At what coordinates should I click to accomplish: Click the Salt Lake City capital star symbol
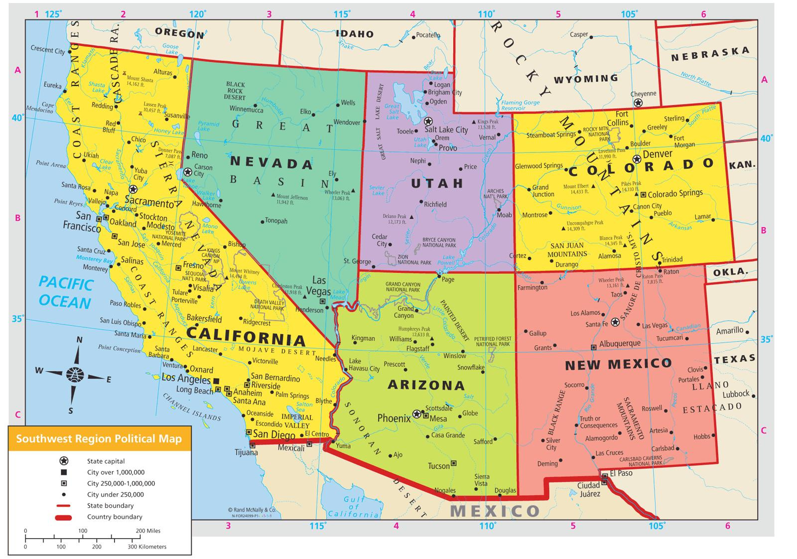(x=428, y=121)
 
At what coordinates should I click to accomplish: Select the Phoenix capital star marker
(x=416, y=414)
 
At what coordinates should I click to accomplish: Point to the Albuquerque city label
(x=620, y=344)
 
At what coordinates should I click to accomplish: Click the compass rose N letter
(x=79, y=340)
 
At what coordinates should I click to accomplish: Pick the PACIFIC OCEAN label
(x=66, y=293)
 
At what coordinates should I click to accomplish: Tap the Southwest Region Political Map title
(x=99, y=439)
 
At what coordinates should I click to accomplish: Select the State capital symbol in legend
(x=64, y=461)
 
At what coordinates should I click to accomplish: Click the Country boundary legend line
(x=64, y=517)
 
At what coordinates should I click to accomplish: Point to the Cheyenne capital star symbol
(x=637, y=103)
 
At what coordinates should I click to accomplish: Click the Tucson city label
(x=438, y=466)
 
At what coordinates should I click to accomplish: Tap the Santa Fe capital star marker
(x=615, y=322)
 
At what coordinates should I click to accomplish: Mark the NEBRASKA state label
(x=710, y=54)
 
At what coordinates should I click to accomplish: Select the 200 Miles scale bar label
(x=147, y=531)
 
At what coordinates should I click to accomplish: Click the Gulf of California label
(x=354, y=507)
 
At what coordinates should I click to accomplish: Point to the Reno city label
(x=199, y=155)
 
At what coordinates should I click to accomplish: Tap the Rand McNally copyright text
(x=252, y=510)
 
